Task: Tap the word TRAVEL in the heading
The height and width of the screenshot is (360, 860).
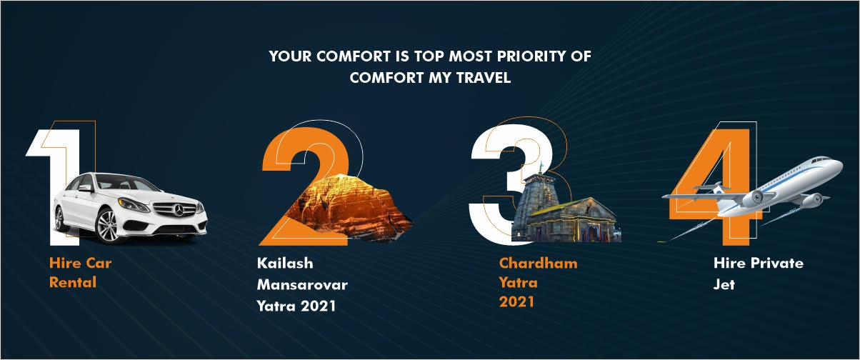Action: click(x=484, y=78)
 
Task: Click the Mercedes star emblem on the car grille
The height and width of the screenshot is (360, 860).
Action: click(x=179, y=209)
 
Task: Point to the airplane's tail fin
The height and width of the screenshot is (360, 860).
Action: click(x=716, y=189)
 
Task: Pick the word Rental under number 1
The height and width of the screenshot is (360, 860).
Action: click(x=73, y=282)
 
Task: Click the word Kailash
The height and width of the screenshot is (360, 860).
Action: click(x=285, y=264)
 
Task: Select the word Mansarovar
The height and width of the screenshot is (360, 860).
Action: click(x=303, y=285)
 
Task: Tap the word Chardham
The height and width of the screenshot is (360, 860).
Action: click(x=539, y=264)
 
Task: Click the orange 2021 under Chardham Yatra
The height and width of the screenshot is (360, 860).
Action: click(x=516, y=302)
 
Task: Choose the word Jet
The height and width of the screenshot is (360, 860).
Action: click(x=724, y=284)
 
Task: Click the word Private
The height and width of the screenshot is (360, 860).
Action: click(x=777, y=264)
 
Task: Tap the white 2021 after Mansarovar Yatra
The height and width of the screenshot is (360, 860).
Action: click(x=318, y=306)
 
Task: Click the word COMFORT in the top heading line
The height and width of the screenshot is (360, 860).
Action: click(x=354, y=56)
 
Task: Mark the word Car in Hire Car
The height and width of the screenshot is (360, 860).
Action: click(x=99, y=264)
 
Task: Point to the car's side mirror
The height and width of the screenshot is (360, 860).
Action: click(x=86, y=188)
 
